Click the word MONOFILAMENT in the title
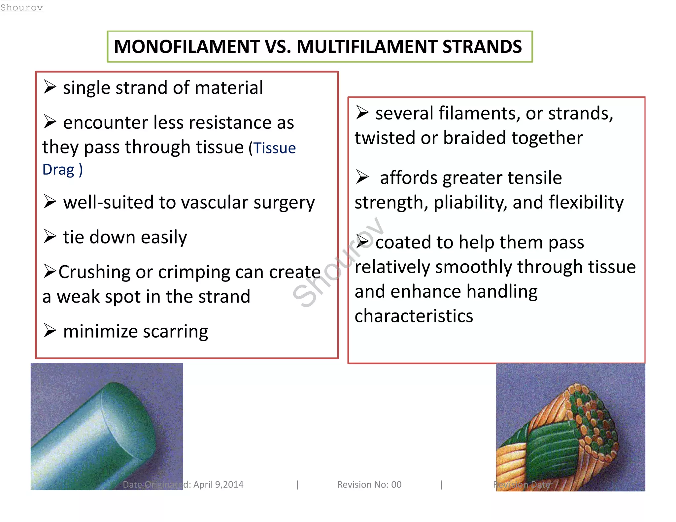click(187, 47)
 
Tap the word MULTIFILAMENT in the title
click(367, 47)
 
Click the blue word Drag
click(58, 170)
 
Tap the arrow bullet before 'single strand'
click(50, 87)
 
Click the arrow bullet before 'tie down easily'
click(50, 237)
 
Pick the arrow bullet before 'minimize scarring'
click(50, 331)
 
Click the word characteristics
click(414, 316)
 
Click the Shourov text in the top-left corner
click(21, 7)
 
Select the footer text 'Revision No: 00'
click(369, 484)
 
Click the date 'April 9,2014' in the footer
click(218, 484)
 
